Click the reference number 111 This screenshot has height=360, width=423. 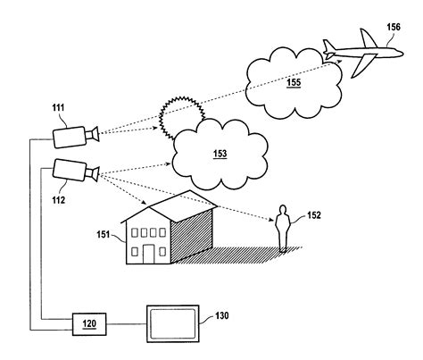[x=58, y=107]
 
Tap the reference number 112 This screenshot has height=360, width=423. [x=58, y=200]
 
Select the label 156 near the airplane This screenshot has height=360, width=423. [x=394, y=27]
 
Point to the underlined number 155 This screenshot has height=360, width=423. [x=294, y=82]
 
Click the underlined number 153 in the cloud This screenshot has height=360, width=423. [x=220, y=154]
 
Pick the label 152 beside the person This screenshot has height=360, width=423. [x=314, y=215]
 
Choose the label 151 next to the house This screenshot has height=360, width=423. [x=104, y=234]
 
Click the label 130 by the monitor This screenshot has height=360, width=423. [x=222, y=315]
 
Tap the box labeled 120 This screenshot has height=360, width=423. [x=89, y=324]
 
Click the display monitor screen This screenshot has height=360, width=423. [x=173, y=324]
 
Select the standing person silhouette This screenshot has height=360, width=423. [x=283, y=229]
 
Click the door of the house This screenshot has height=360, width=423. [x=148, y=254]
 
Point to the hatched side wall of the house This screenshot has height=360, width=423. [x=192, y=235]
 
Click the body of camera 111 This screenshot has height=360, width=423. [x=70, y=137]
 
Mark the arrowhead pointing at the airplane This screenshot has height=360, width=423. [x=339, y=61]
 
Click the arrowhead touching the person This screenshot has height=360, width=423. [x=271, y=220]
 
